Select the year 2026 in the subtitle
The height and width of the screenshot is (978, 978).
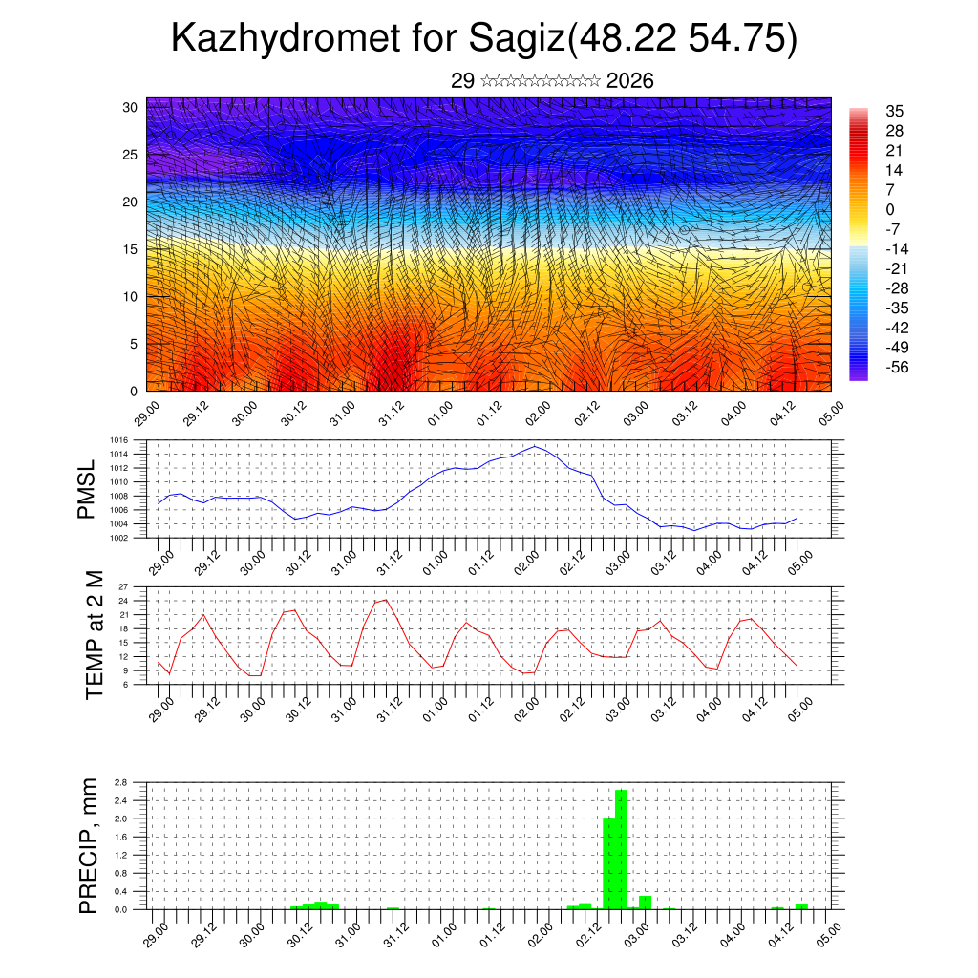pos(630,81)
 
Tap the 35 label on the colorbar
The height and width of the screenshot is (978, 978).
pos(895,111)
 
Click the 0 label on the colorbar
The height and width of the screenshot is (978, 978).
pos(890,209)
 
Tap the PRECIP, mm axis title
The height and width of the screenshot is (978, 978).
pos(89,845)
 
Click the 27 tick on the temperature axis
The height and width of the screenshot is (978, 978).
pos(122,586)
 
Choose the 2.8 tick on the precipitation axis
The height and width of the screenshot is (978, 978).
pos(120,782)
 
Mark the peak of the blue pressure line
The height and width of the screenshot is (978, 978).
pos(535,446)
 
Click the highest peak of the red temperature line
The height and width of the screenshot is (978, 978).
pos(385,600)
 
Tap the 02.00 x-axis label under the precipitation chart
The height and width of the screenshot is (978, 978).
pos(540,932)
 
